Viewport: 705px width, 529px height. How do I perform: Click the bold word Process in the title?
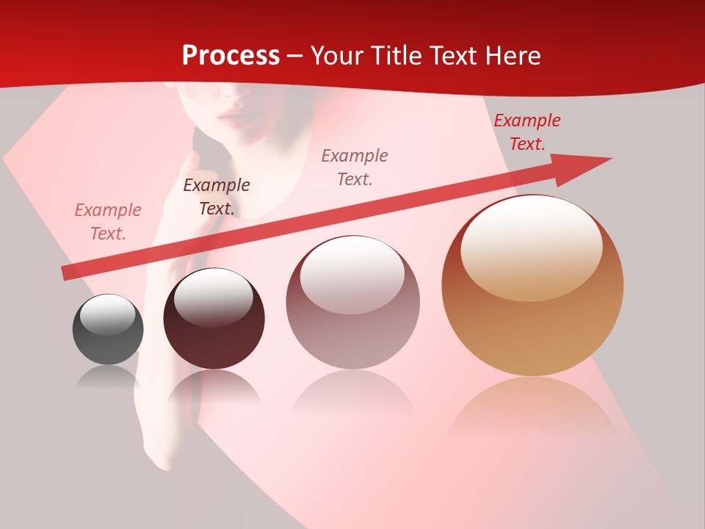231,55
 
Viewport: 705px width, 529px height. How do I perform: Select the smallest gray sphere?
108,329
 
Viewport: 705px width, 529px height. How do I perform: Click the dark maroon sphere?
214,319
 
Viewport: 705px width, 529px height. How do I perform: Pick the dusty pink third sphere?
352,302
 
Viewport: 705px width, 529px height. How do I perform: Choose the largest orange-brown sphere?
532,285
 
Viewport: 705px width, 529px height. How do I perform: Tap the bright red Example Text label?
527,132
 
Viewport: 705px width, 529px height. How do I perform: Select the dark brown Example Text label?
217,196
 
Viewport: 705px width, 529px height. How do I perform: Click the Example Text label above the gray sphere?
108,221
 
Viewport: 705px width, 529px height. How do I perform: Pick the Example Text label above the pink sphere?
355,167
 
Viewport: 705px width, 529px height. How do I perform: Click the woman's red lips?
236,115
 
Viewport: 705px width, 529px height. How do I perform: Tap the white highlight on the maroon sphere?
213,298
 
